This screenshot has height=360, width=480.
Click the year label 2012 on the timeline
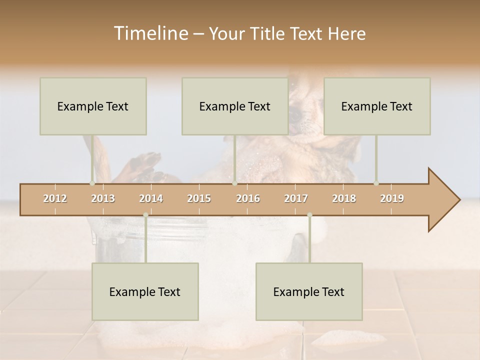(x=55, y=198)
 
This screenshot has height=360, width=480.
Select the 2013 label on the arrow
(x=103, y=198)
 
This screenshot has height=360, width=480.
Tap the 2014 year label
(x=151, y=198)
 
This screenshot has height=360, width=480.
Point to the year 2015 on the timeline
(x=199, y=198)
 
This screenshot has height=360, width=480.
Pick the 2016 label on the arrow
(x=248, y=198)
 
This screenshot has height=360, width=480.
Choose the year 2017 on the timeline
(x=296, y=198)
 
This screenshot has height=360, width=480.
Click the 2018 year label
(x=344, y=198)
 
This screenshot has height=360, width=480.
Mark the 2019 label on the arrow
(x=392, y=198)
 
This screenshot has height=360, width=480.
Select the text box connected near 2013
(x=93, y=106)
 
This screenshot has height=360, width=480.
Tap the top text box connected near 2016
(x=235, y=106)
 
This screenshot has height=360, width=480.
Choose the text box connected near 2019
(x=377, y=106)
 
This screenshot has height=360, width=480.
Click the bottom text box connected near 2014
(x=145, y=291)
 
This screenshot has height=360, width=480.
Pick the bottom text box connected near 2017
(x=309, y=291)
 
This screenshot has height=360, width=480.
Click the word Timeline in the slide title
(x=150, y=33)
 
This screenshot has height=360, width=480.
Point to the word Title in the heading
(x=269, y=34)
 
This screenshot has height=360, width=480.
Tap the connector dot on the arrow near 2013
(x=92, y=183)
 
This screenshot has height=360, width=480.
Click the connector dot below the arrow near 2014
(x=145, y=215)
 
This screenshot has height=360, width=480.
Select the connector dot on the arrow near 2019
(x=376, y=183)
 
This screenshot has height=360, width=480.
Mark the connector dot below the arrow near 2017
(x=309, y=215)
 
